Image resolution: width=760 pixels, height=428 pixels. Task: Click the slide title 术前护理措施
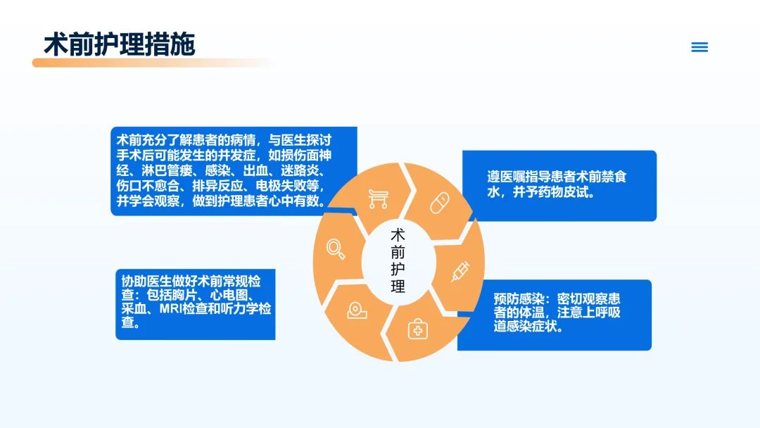(119, 44)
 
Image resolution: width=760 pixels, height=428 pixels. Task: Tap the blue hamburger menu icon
(699, 47)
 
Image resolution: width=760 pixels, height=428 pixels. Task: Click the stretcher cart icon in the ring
(378, 199)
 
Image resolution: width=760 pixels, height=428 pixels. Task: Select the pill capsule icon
(440, 203)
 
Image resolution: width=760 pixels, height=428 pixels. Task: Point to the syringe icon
(460, 272)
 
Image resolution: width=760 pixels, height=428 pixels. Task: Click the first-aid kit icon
(417, 329)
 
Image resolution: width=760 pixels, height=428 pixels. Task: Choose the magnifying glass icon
(336, 249)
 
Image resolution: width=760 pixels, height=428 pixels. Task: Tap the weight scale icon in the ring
(357, 310)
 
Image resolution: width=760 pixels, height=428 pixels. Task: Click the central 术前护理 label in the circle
(398, 260)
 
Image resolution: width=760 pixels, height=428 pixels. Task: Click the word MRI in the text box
(172, 309)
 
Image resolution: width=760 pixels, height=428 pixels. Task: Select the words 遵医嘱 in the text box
(506, 177)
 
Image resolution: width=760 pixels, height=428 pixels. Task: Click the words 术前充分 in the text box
(141, 140)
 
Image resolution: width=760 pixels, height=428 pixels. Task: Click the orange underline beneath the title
(153, 63)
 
